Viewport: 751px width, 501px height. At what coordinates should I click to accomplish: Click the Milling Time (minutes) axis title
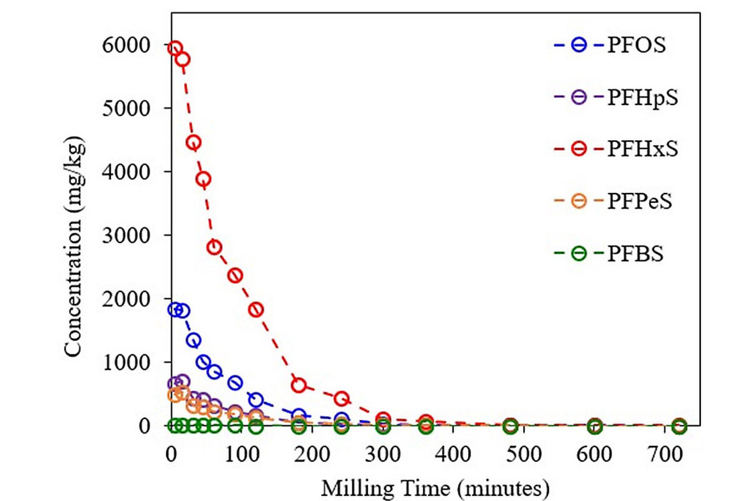pyautogui.click(x=436, y=485)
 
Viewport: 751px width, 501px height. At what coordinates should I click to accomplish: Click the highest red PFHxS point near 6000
pyautogui.click(x=175, y=48)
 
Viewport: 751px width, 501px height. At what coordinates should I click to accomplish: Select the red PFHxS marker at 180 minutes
pyautogui.click(x=299, y=385)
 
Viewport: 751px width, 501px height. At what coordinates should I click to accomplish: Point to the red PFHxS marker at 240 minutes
pyautogui.click(x=341, y=398)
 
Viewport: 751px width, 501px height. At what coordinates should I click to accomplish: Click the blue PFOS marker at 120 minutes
pyautogui.click(x=256, y=400)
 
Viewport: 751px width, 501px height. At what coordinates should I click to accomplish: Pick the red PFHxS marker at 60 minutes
pyautogui.click(x=214, y=247)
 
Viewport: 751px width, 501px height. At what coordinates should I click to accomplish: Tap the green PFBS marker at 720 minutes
pyautogui.click(x=679, y=426)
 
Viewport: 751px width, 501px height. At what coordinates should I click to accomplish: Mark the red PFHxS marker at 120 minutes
pyautogui.click(x=256, y=309)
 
